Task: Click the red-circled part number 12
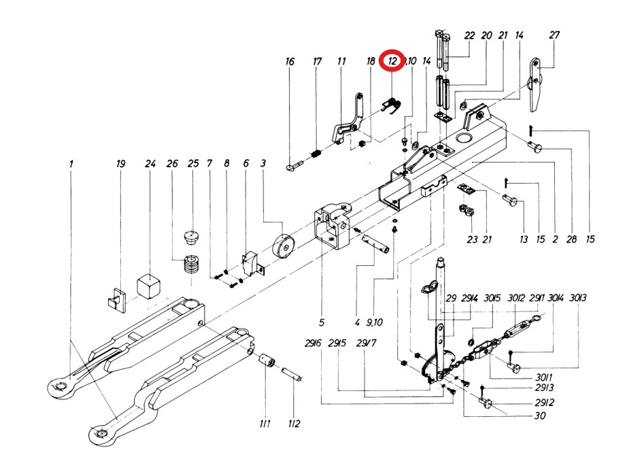click(x=392, y=61)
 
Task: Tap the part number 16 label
click(x=290, y=62)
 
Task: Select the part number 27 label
click(x=554, y=35)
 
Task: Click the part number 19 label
click(x=121, y=164)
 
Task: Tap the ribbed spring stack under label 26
click(x=191, y=265)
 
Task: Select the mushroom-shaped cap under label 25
click(x=193, y=237)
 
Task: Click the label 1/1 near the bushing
click(x=265, y=424)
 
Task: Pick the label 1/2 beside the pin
click(x=294, y=424)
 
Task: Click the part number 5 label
click(x=322, y=322)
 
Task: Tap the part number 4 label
click(x=357, y=322)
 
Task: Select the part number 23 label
click(x=472, y=239)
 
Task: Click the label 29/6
click(x=313, y=343)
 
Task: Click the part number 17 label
click(x=317, y=62)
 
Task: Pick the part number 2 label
click(x=556, y=239)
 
